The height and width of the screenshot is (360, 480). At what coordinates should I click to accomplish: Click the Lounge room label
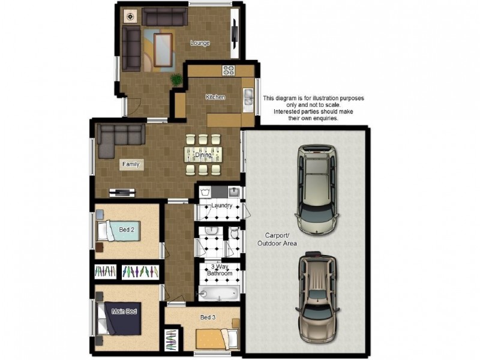pyautogui.click(x=200, y=43)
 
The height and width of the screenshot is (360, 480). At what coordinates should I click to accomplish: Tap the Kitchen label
pyautogui.click(x=215, y=97)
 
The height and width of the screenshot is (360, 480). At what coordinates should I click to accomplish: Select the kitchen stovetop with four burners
pyautogui.click(x=229, y=71)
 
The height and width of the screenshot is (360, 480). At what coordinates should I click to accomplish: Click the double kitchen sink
pyautogui.click(x=248, y=100)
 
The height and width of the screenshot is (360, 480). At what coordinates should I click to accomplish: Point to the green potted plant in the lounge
pyautogui.click(x=176, y=80)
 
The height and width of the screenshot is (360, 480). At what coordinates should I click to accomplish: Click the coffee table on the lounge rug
pyautogui.click(x=163, y=50)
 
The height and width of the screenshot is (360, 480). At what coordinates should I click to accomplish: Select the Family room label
pyautogui.click(x=131, y=164)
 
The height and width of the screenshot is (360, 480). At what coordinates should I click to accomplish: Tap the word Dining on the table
pyautogui.click(x=203, y=155)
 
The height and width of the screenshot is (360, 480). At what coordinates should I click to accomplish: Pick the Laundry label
pyautogui.click(x=221, y=205)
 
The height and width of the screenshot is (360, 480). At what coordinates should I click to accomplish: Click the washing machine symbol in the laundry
pyautogui.click(x=205, y=192)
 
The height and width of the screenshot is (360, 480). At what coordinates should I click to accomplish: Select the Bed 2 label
pyautogui.click(x=127, y=230)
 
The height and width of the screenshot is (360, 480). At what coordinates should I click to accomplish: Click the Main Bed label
pyautogui.click(x=124, y=311)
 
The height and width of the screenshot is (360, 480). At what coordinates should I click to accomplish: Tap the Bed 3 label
pyautogui.click(x=208, y=317)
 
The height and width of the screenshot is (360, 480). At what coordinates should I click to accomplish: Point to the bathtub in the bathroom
pyautogui.click(x=218, y=293)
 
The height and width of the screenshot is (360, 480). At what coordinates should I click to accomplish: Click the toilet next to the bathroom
pyautogui.click(x=235, y=233)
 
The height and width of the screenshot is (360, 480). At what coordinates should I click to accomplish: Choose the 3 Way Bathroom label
pyautogui.click(x=220, y=269)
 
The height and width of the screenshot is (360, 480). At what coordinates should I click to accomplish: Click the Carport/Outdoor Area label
pyautogui.click(x=277, y=239)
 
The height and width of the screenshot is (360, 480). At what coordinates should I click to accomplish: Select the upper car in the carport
pyautogui.click(x=317, y=190)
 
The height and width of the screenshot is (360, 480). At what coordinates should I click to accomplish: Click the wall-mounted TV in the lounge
pyautogui.click(x=235, y=34)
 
